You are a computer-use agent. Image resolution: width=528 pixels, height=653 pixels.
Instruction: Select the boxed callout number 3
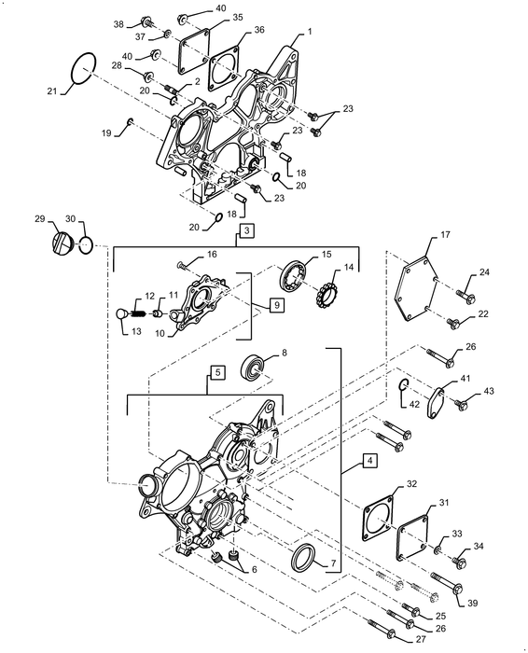pyautogui.click(x=245, y=229)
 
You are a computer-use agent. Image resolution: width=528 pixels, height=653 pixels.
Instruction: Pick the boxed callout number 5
pyautogui.click(x=216, y=373)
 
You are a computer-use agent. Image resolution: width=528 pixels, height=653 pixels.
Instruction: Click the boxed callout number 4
pyautogui.click(x=369, y=461)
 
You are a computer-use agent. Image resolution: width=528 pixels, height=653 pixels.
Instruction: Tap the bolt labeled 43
pyautogui.click(x=461, y=405)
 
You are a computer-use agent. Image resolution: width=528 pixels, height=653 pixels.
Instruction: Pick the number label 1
pyautogui.click(x=310, y=32)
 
